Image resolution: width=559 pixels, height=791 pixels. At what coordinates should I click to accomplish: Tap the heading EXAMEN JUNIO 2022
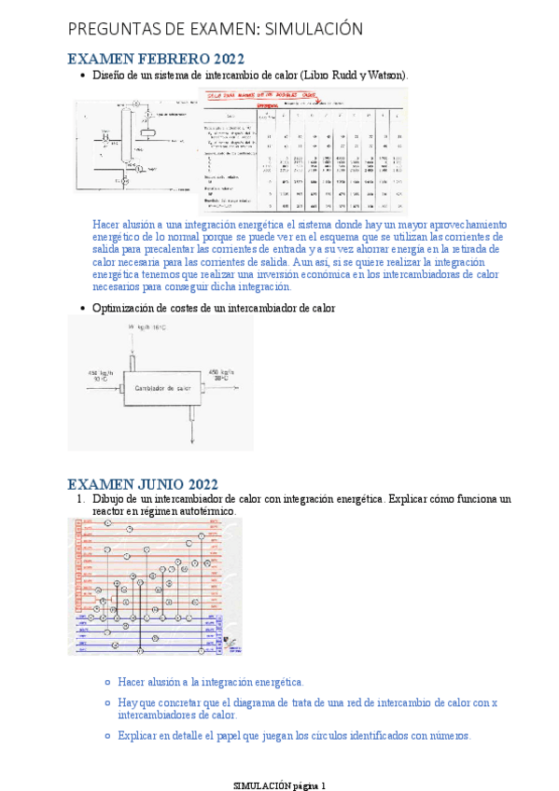[x=143, y=484]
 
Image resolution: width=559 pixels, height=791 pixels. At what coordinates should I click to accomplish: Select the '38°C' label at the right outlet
[x=222, y=379]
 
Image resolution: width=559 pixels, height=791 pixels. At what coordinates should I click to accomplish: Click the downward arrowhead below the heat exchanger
[x=190, y=438]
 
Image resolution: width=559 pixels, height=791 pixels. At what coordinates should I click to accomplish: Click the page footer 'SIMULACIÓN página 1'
[x=279, y=785]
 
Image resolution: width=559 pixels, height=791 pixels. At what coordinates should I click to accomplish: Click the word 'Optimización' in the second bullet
[x=123, y=308]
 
